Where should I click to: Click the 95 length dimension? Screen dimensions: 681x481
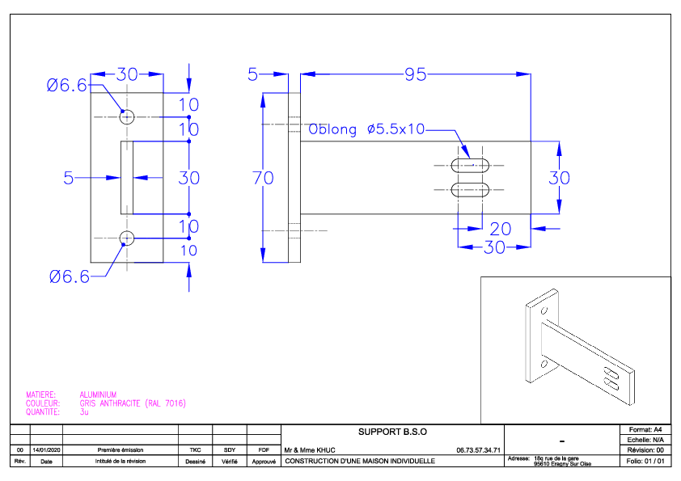coord(416,74)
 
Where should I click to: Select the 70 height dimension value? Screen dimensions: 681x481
coord(263,178)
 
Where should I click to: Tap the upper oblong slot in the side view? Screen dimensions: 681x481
coord(470,166)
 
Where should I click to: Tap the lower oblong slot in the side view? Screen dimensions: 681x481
coord(470,190)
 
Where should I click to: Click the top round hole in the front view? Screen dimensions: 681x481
coord(127,116)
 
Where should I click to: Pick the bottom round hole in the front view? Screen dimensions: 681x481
coord(127,238)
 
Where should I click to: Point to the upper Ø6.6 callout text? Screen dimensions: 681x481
coord(67,85)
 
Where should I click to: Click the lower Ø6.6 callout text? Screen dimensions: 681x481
coord(70,276)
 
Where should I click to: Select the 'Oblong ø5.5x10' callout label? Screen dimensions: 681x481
coord(366,129)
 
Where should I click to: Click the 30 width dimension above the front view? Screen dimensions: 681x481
coord(127,74)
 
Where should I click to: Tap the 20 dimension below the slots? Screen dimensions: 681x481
coord(501,229)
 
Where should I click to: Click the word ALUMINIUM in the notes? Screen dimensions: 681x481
coord(98,395)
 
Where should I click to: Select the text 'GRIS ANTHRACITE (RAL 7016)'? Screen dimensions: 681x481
coord(133,403)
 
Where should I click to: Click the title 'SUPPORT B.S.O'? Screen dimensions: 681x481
coord(392,432)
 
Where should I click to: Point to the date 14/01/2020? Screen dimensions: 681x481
coord(46,450)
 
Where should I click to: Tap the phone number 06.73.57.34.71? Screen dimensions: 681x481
coord(478,450)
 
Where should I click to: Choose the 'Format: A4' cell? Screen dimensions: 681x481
coord(645,429)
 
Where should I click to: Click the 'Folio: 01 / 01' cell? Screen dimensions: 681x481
coord(645,461)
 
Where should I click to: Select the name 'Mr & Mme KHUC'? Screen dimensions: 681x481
coord(310,450)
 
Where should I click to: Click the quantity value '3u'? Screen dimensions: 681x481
coord(84,412)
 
